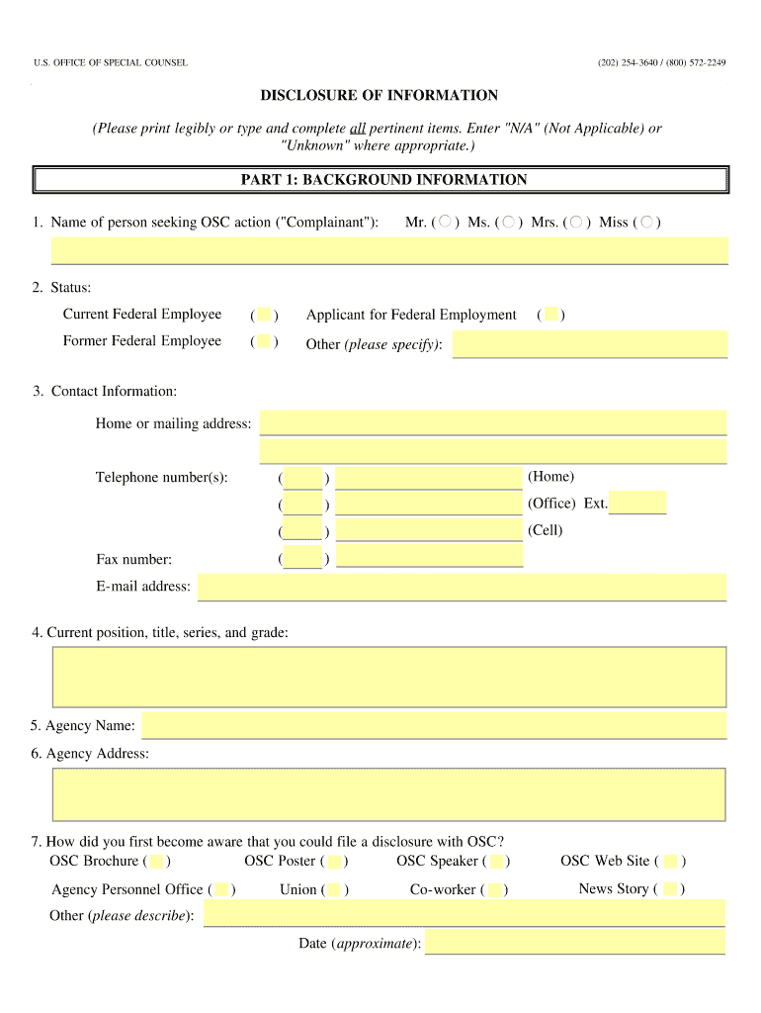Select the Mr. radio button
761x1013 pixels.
coord(446,222)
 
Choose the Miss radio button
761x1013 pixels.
coord(647,222)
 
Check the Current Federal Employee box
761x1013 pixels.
coord(264,315)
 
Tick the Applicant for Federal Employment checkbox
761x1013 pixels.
coord(552,315)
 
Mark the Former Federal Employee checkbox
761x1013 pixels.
coord(264,341)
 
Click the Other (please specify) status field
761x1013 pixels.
coord(589,344)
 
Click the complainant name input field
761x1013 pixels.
coord(389,250)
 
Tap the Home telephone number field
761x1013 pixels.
coord(429,479)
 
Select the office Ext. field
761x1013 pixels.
coord(637,503)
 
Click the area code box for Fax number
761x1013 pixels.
coord(302,558)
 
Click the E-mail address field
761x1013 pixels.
coord(462,587)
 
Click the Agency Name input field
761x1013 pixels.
coord(434,725)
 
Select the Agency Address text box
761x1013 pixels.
coord(388,794)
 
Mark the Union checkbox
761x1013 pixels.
coord(334,889)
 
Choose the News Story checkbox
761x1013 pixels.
coord(671,889)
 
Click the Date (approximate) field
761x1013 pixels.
coord(574,943)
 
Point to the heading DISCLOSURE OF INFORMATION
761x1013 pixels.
coord(380,96)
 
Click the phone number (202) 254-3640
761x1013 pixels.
coord(627,63)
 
